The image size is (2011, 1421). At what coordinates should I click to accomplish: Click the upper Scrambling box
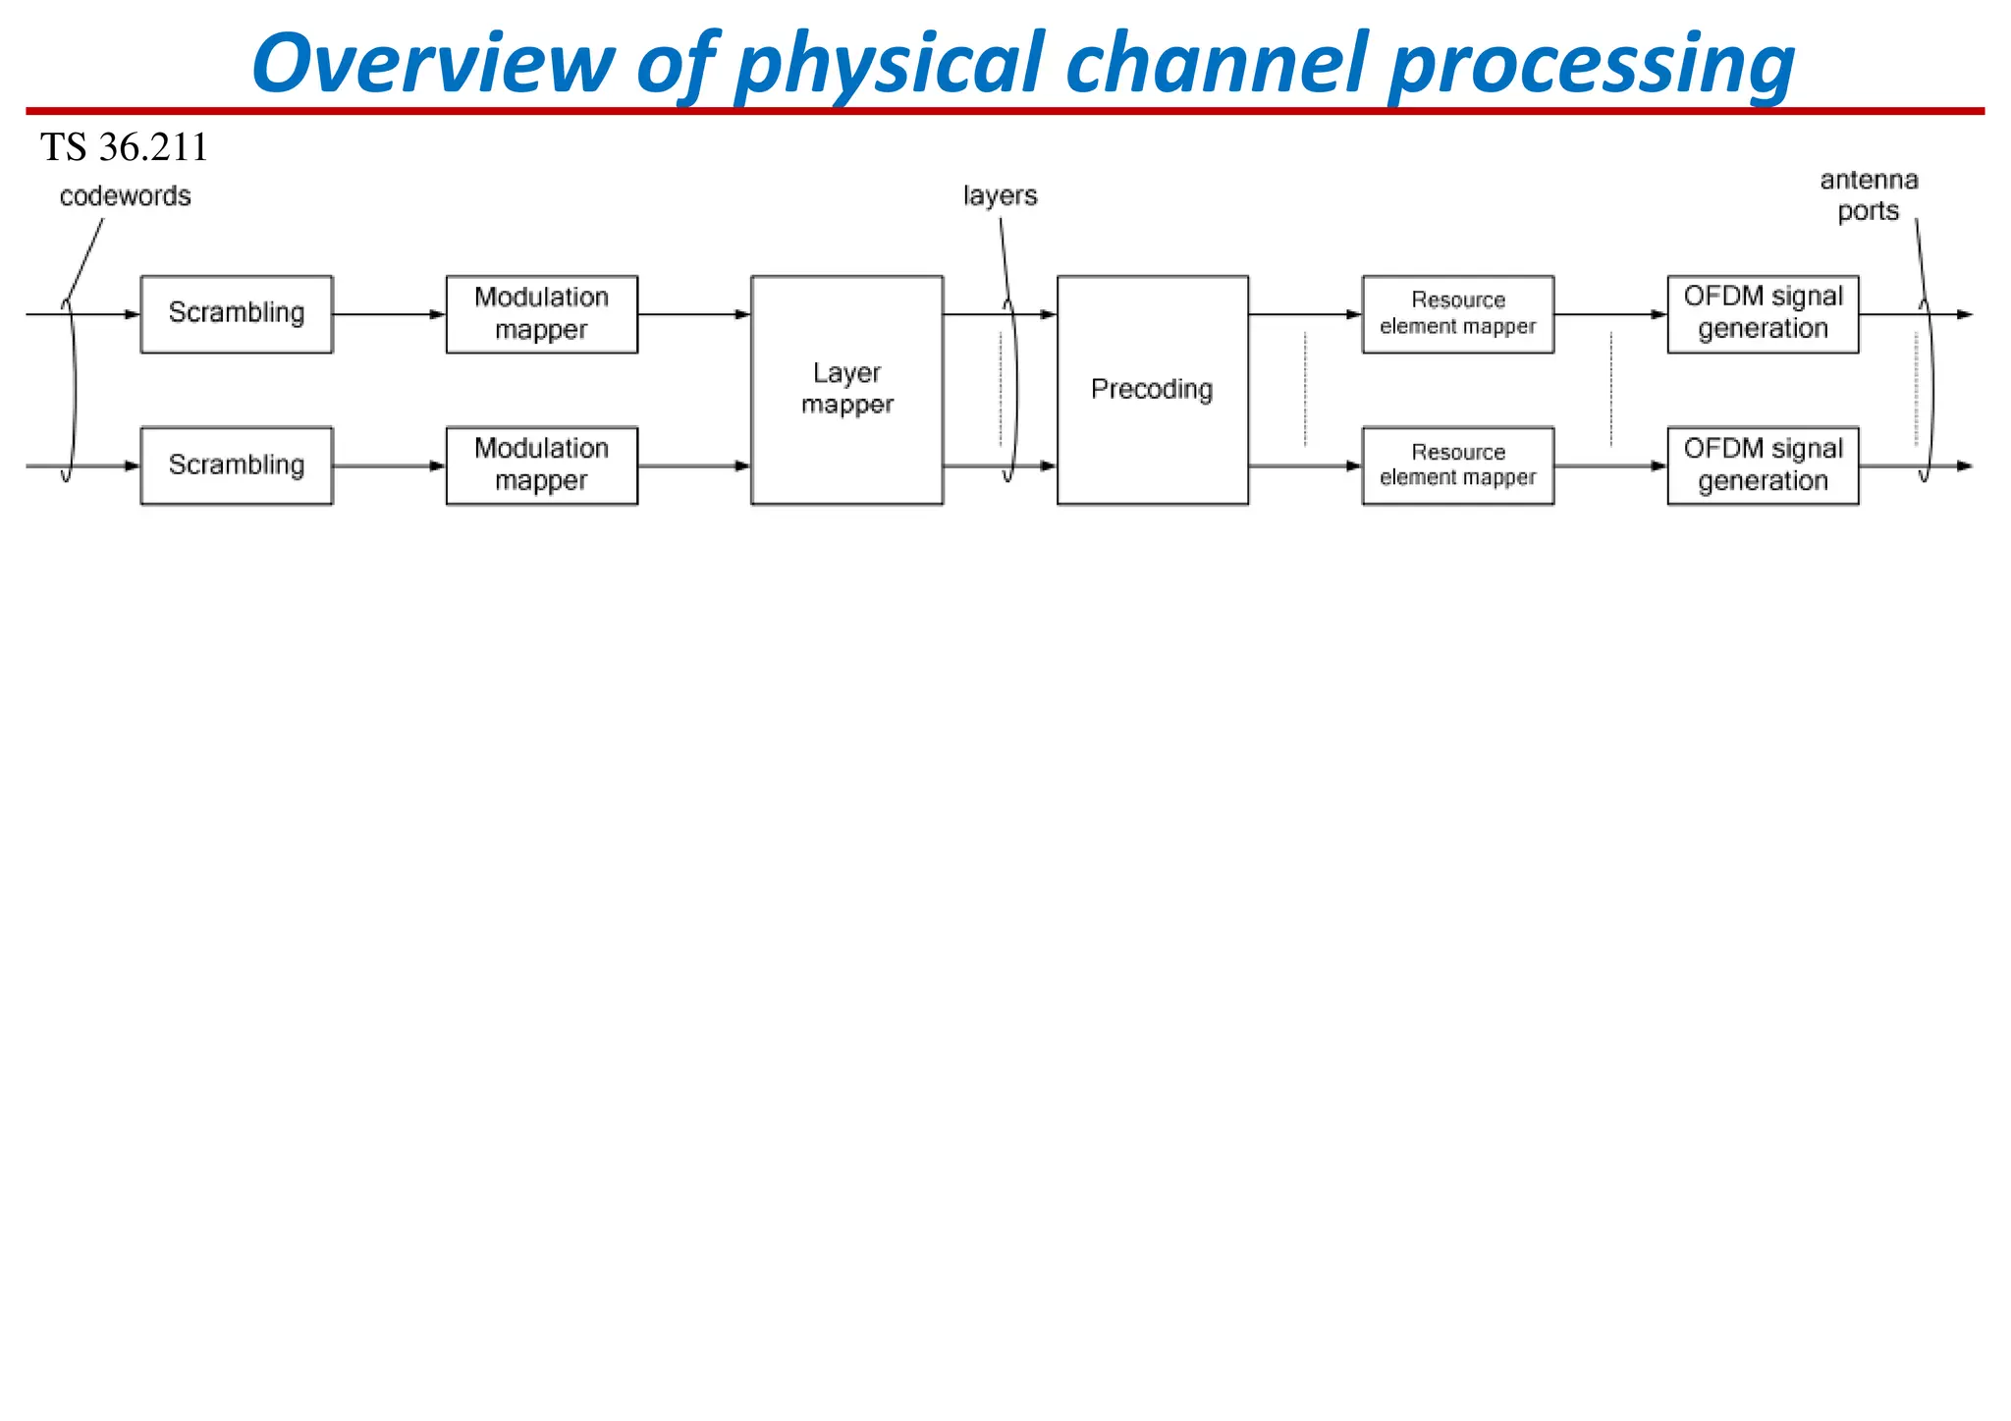pos(237,313)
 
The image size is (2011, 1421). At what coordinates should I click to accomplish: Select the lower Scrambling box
pos(237,465)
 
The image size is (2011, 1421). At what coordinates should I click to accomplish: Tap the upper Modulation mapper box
pos(541,313)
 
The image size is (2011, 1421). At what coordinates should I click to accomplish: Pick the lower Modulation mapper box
pos(541,465)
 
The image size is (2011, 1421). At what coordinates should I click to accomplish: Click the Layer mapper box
pos(846,390)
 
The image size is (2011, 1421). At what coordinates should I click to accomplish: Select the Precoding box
pos(1152,390)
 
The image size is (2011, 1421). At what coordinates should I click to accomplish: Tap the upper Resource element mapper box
pos(1457,313)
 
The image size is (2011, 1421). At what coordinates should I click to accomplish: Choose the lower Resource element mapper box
pos(1457,465)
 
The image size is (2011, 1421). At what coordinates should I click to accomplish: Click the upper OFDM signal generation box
pos(1763,313)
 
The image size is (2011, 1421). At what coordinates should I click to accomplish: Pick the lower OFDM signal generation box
pos(1763,465)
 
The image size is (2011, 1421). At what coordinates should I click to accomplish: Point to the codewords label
pos(125,196)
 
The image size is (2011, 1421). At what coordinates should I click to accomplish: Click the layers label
pos(1000,196)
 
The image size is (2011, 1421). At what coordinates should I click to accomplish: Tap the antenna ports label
pos(1868,195)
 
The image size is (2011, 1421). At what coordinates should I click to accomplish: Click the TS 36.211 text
pos(124,148)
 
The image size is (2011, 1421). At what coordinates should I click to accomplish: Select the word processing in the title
pos(1591,65)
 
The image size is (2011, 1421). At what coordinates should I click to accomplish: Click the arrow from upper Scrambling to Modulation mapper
pos(389,314)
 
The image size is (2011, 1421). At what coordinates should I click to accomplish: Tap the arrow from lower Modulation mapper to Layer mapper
pos(693,466)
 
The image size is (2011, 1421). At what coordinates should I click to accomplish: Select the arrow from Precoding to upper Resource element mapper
pos(1305,314)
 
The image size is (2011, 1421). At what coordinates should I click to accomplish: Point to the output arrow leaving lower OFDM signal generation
pos(1915,466)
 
